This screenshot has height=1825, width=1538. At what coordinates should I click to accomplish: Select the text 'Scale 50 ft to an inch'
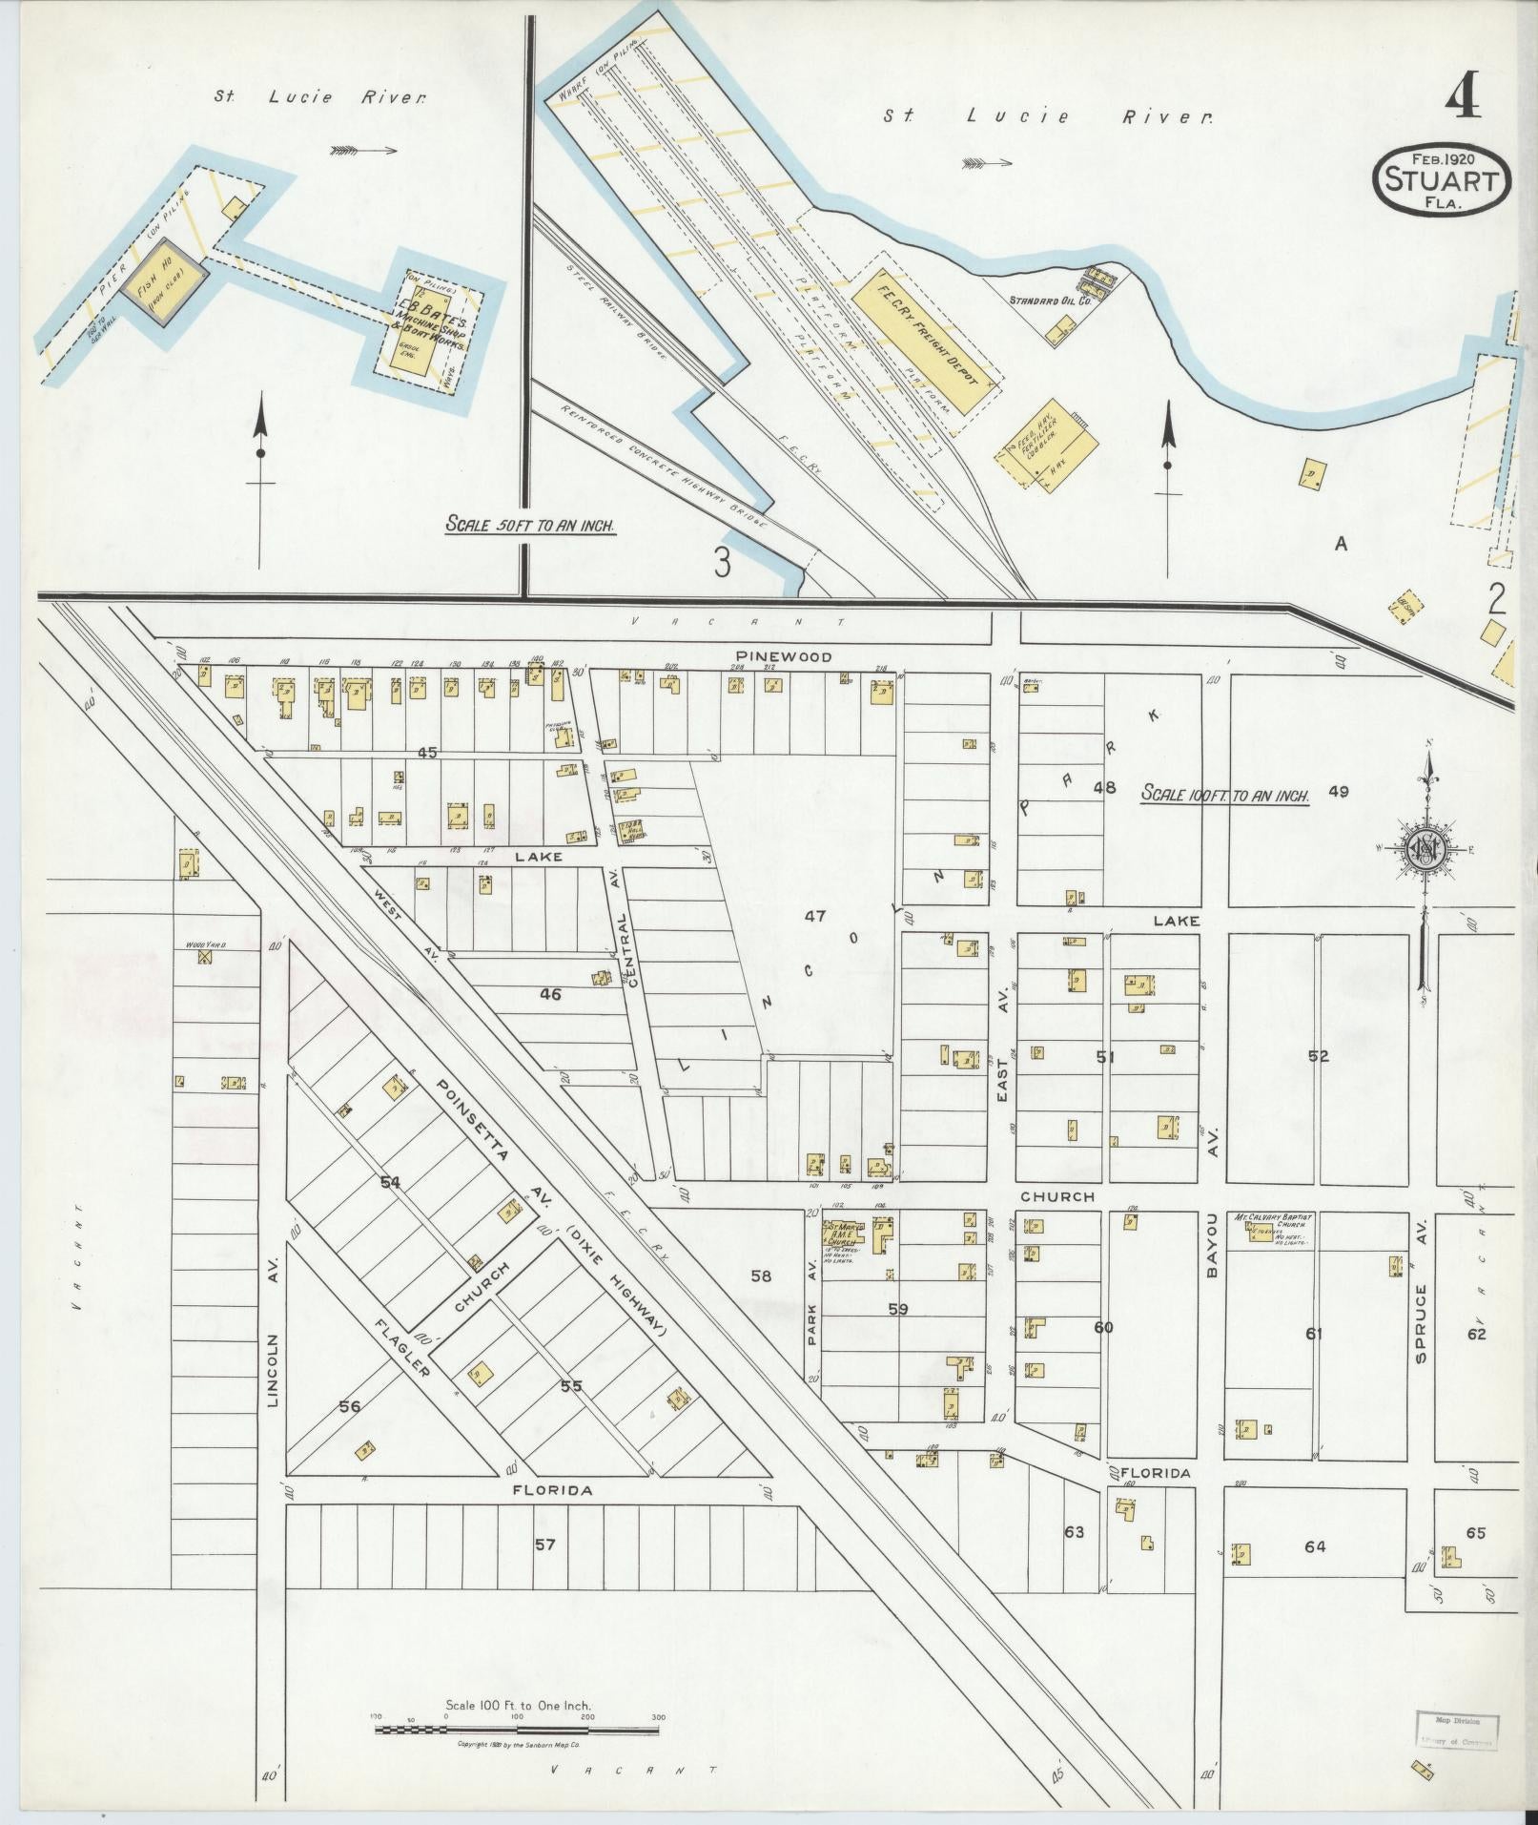(x=530, y=524)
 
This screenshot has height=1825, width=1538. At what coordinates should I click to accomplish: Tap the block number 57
(x=543, y=1543)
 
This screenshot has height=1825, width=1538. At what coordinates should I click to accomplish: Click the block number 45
(x=426, y=753)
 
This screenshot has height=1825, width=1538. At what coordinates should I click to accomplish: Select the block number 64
(x=1314, y=1546)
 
